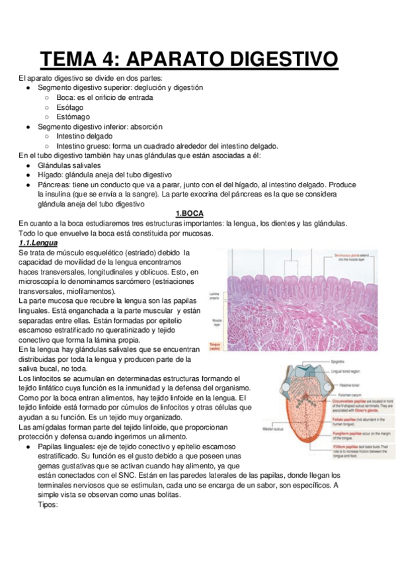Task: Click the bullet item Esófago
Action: [69, 107]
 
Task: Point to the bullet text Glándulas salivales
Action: [69, 165]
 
